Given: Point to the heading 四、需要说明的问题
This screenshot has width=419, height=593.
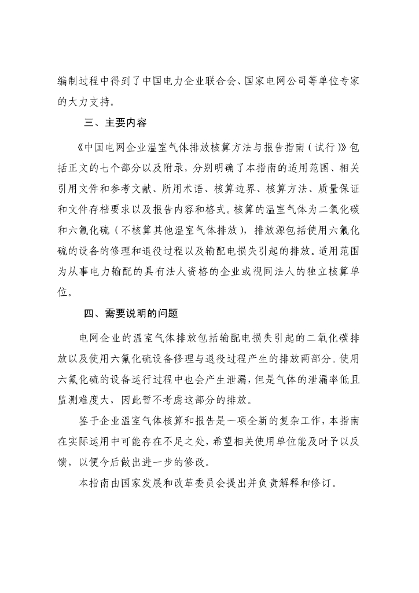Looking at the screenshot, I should tap(131, 314).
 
